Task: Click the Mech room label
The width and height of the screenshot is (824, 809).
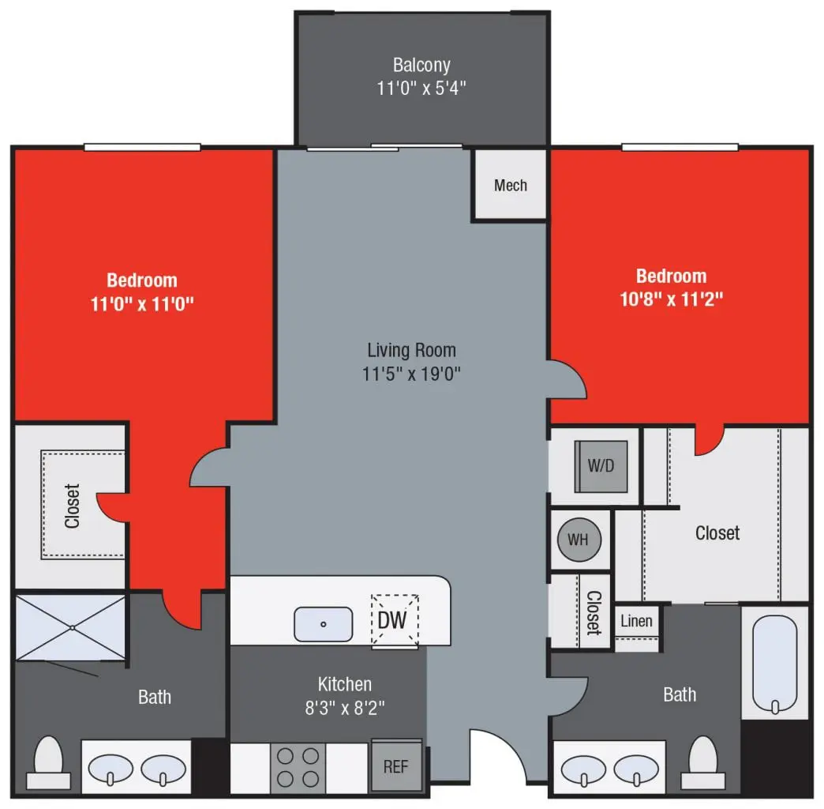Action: tap(510, 186)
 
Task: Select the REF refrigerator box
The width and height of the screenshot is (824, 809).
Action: tap(396, 766)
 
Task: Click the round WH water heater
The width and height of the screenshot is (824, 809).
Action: tap(579, 540)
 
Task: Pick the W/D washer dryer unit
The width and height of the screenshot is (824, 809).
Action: tap(601, 465)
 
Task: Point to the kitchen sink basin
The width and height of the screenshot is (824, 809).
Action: tap(324, 624)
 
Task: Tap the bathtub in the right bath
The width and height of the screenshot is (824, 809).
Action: tap(774, 664)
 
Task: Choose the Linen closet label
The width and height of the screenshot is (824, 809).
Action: tap(636, 621)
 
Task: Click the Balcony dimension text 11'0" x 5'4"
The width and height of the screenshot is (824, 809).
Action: tap(421, 88)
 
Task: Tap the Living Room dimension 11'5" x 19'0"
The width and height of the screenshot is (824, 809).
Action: tap(411, 373)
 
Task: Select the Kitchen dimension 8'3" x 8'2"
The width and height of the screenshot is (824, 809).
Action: tap(344, 707)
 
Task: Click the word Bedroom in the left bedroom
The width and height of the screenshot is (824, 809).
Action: tap(142, 280)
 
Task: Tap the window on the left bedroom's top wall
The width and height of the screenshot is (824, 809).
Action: tap(142, 147)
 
